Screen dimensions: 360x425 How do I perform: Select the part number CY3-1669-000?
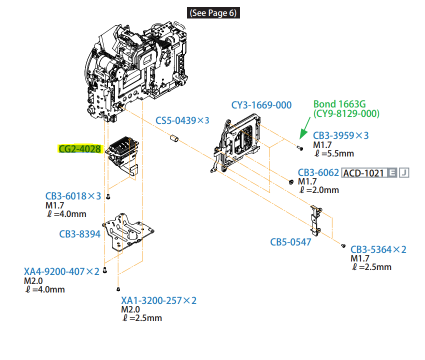point(261,105)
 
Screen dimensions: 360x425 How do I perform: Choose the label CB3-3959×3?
point(341,135)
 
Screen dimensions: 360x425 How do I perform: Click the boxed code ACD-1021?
point(363,173)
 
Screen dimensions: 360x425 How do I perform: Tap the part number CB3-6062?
point(318,172)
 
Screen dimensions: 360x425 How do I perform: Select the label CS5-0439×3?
point(182,120)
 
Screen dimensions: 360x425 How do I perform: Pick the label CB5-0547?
point(291,242)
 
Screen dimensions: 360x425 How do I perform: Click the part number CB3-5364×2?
point(378,249)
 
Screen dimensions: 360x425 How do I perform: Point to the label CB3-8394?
point(80,234)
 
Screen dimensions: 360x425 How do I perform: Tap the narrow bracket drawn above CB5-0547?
point(315,218)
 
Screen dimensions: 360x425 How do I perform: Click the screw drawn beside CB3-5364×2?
point(343,245)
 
